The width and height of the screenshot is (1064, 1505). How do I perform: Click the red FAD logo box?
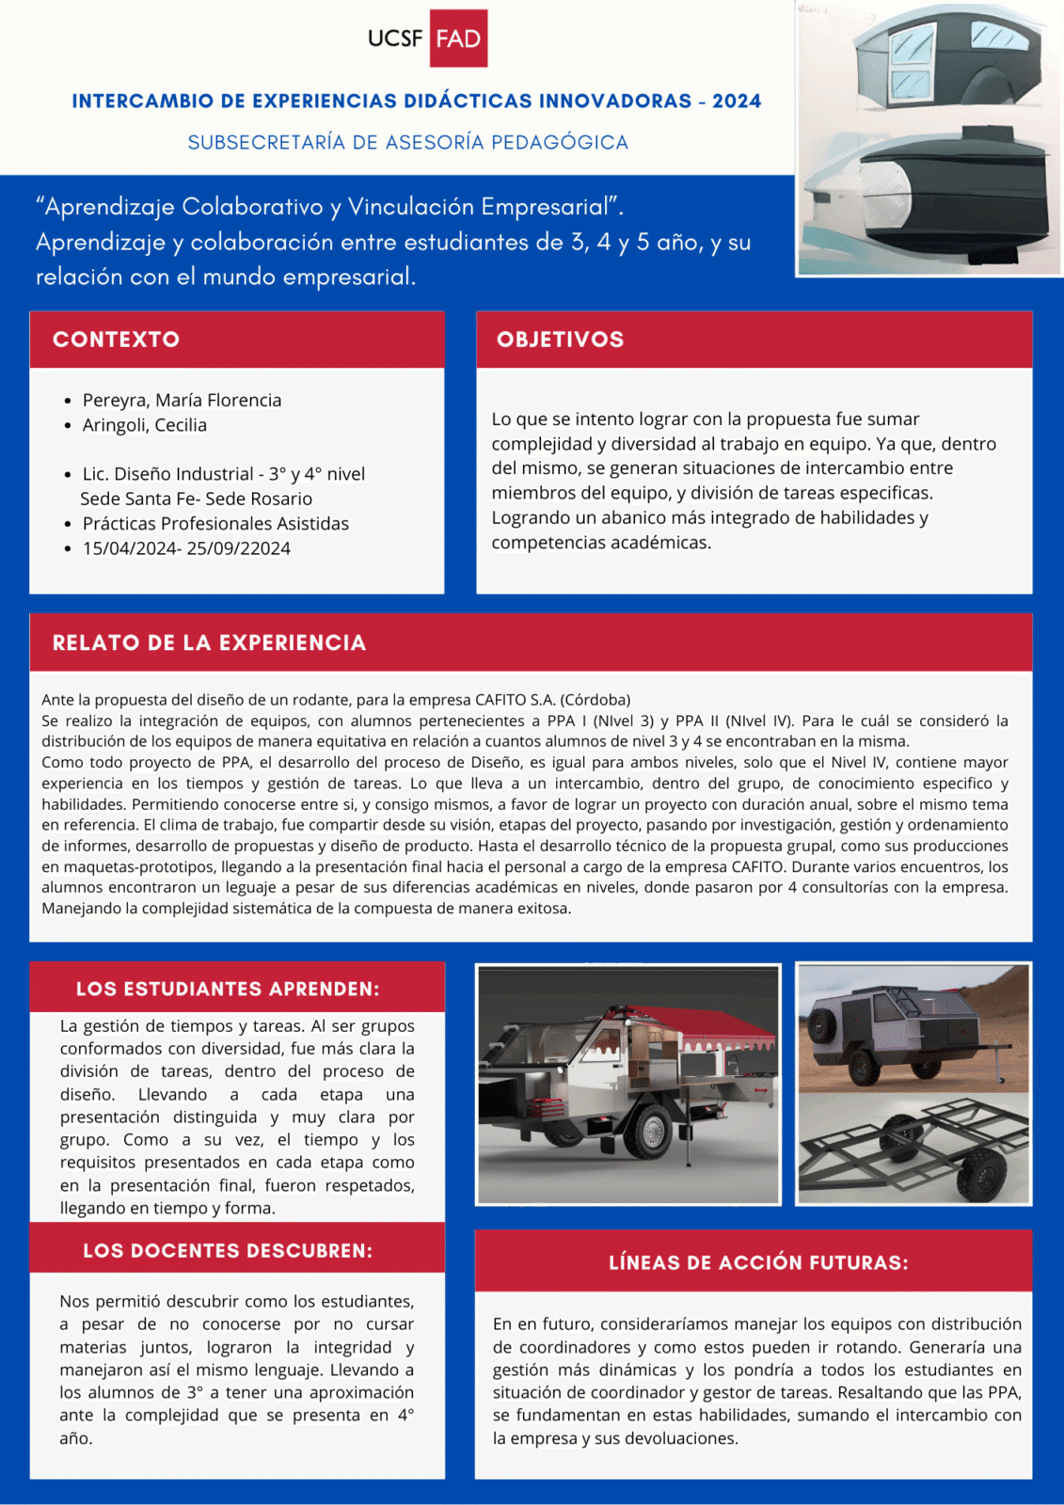[x=458, y=39]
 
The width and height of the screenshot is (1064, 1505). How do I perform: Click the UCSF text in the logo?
[x=395, y=39]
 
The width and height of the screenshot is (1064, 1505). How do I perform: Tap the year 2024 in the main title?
[x=737, y=102]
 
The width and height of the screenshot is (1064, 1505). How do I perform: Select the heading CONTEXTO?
[x=116, y=340]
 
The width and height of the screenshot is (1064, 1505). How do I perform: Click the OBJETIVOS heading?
[x=560, y=340]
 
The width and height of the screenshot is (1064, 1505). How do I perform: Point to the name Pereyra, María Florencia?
[x=182, y=401]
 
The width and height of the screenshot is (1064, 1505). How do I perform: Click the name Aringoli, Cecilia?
[x=144, y=425]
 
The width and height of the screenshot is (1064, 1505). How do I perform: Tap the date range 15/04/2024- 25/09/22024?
[x=186, y=548]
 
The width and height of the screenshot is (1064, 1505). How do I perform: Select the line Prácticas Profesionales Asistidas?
[x=215, y=524]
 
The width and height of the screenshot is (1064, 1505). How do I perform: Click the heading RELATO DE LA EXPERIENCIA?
[x=209, y=643]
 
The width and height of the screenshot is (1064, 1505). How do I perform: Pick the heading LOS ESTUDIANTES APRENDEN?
[x=228, y=990]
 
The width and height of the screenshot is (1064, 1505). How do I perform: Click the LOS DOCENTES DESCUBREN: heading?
[x=228, y=1251]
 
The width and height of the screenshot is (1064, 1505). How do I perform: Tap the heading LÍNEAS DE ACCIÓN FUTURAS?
[x=758, y=1263]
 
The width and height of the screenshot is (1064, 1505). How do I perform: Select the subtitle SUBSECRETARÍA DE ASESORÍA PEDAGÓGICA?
[x=407, y=143]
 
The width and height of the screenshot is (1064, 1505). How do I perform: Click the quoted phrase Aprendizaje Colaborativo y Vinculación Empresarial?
[x=329, y=207]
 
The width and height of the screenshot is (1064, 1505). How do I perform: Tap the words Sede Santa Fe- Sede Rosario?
[x=196, y=499]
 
